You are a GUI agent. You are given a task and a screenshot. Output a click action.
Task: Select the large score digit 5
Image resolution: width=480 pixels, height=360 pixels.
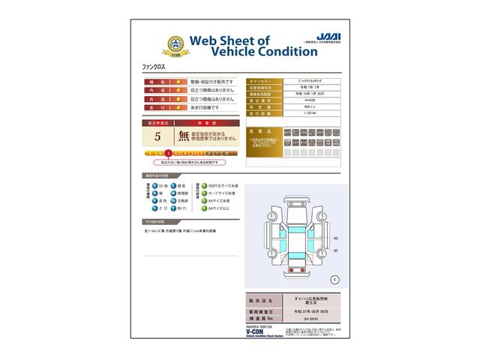click(x=157, y=136)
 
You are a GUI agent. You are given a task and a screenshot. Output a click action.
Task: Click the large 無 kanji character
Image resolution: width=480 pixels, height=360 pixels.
click(x=184, y=136)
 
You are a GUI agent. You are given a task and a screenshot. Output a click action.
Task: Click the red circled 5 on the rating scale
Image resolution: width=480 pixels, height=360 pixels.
click(x=169, y=152)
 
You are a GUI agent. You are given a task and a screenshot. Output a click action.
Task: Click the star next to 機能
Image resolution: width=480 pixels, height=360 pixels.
click(x=179, y=81)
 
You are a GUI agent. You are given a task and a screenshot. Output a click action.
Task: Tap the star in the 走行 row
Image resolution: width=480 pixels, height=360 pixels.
click(x=179, y=108)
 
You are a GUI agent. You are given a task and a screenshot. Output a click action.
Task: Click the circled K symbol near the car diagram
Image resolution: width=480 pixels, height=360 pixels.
click(x=334, y=279)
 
